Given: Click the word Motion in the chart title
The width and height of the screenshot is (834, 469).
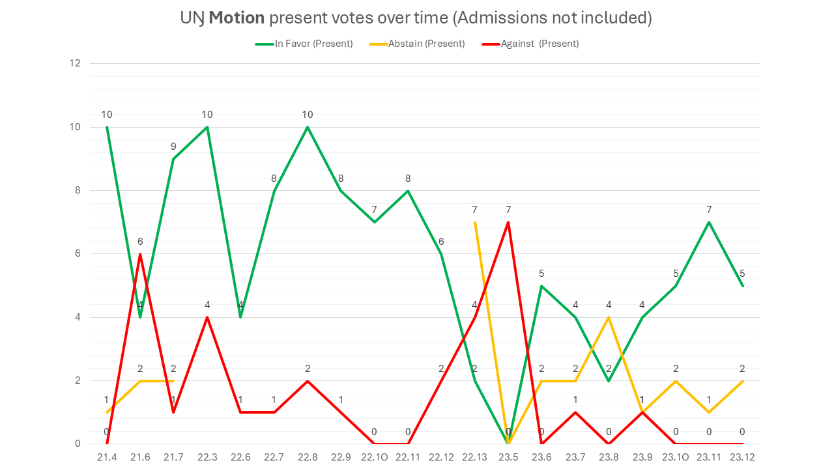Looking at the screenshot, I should pyautogui.click(x=235, y=18).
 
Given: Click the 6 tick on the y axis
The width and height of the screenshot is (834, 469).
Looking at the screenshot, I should pyautogui.click(x=78, y=254).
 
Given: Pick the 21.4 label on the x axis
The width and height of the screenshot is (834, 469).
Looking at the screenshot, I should pyautogui.click(x=107, y=457).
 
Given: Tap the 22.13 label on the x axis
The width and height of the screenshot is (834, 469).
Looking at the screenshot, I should pyautogui.click(x=475, y=457).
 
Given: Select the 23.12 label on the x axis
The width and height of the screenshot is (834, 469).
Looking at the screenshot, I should pyautogui.click(x=743, y=457).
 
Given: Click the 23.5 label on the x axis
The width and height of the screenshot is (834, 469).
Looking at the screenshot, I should pyautogui.click(x=508, y=457).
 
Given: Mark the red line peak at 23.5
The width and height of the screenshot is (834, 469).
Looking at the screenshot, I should pyautogui.click(x=508, y=222).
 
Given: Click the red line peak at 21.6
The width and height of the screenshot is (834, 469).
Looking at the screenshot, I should pyautogui.click(x=140, y=254).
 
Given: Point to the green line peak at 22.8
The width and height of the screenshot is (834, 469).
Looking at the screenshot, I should pyautogui.click(x=308, y=127).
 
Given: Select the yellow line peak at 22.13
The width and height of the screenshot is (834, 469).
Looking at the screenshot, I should pyautogui.click(x=475, y=222).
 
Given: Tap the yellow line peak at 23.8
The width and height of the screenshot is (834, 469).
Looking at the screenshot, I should pyautogui.click(x=609, y=317).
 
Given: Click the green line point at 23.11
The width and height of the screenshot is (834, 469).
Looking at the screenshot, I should pyautogui.click(x=709, y=222).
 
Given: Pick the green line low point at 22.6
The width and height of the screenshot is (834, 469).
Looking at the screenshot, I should pyautogui.click(x=240, y=317).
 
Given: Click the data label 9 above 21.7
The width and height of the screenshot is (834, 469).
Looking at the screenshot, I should pyautogui.click(x=173, y=147).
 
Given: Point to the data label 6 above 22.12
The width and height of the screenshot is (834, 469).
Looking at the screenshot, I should pyautogui.click(x=441, y=242).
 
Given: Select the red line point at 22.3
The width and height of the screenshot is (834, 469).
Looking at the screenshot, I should pyautogui.click(x=207, y=317).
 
